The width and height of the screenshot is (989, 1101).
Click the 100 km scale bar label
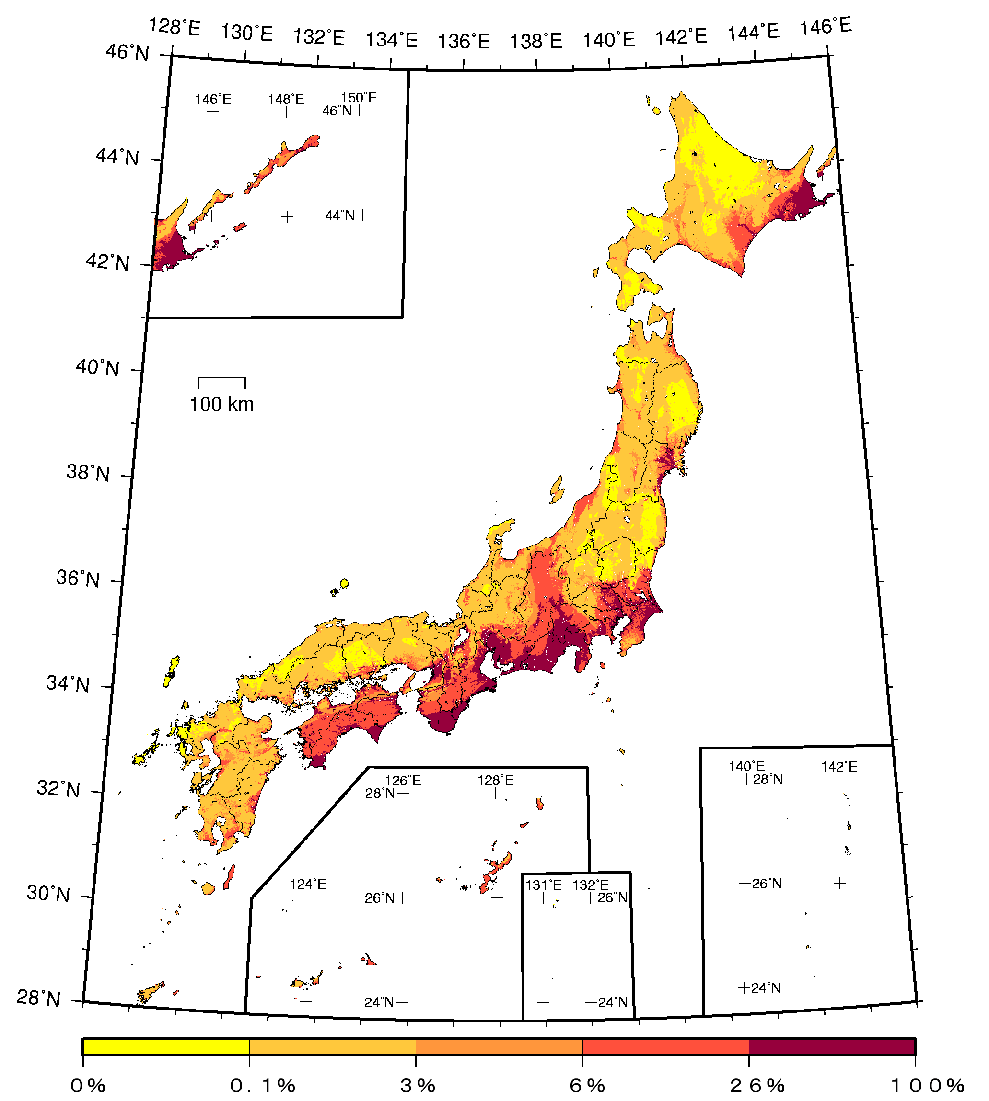click(221, 405)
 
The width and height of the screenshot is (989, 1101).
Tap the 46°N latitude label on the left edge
click(127, 53)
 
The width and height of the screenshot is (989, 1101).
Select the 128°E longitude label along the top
click(175, 26)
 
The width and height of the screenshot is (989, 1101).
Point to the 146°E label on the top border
click(826, 26)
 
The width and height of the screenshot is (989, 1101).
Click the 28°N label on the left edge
click(38, 998)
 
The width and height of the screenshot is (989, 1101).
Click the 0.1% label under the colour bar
click(262, 1085)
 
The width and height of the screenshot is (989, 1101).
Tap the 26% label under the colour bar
click(757, 1085)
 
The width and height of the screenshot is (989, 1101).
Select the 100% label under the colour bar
click(927, 1085)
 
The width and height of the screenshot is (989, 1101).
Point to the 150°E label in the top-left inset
click(359, 98)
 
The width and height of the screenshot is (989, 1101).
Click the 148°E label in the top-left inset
click(286, 99)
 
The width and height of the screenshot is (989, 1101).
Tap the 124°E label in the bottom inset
click(308, 884)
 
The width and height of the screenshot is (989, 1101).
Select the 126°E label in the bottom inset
click(403, 781)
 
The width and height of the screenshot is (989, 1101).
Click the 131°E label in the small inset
click(543, 885)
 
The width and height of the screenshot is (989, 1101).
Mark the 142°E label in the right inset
click(839, 767)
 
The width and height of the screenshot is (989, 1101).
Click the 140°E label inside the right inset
click(746, 766)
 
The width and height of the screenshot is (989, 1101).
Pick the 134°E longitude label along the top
click(391, 40)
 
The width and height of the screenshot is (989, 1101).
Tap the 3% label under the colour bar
click(418, 1085)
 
